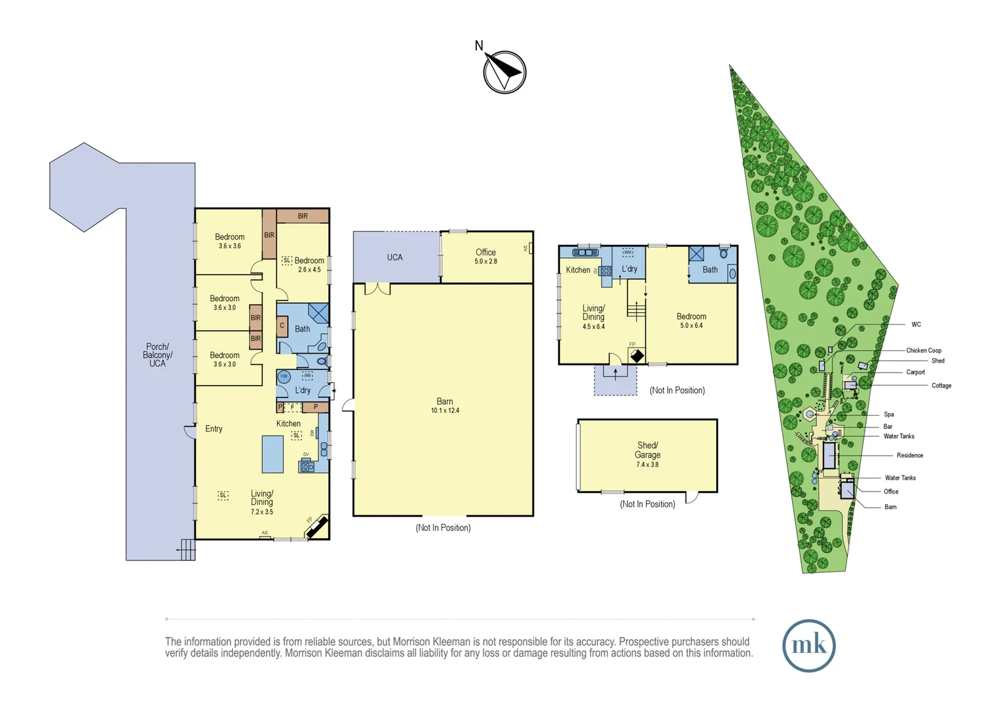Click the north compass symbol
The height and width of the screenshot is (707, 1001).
click(504, 71)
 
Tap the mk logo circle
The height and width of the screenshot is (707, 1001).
click(808, 645)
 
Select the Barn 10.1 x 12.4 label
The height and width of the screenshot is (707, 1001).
click(445, 406)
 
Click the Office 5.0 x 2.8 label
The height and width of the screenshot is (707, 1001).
click(485, 256)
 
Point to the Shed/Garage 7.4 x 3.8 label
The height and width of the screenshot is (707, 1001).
click(647, 454)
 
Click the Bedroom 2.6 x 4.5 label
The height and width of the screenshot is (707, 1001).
click(309, 264)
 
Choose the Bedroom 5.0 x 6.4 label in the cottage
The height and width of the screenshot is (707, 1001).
click(691, 320)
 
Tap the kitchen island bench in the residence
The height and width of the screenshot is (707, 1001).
click(273, 454)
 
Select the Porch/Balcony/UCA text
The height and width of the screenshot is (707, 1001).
click(157, 355)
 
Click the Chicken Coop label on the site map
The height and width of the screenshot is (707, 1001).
click(923, 350)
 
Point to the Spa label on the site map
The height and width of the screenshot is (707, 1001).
click(888, 414)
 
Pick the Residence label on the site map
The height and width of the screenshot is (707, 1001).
click(909, 456)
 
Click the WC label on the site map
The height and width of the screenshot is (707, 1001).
click(916, 325)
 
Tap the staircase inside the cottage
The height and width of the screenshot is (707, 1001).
click(636, 309)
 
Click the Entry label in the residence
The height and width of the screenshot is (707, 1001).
click(214, 429)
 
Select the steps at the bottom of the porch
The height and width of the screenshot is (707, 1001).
click(187, 549)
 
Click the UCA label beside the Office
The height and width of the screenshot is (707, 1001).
click(394, 257)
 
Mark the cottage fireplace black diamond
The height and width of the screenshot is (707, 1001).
click(636, 356)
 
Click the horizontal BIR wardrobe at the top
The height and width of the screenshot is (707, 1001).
click(302, 216)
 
